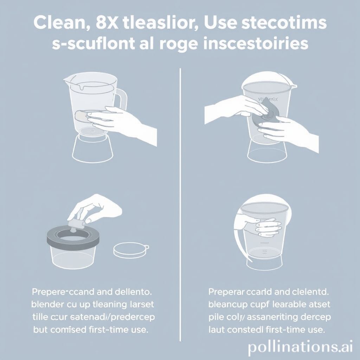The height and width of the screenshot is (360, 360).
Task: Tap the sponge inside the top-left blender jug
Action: coord(82,116)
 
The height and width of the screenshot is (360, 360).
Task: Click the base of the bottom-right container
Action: coord(264,262)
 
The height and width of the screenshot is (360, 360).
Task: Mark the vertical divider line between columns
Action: coord(180,204)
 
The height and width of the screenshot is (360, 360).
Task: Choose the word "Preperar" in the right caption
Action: coord(229,292)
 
